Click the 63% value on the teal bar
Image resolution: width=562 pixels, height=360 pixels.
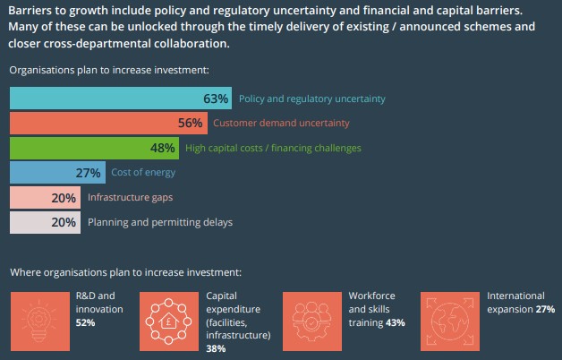(x=216, y=99)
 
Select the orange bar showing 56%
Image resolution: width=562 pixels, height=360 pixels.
(x=108, y=123)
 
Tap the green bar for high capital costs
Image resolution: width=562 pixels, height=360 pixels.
(x=94, y=148)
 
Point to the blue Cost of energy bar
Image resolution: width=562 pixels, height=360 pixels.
(x=57, y=173)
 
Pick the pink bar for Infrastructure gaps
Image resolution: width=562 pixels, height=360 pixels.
(x=45, y=197)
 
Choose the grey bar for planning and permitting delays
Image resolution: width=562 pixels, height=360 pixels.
(x=45, y=222)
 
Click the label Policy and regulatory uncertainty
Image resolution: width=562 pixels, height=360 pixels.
(x=311, y=99)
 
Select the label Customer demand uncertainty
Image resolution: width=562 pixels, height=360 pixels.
(x=281, y=123)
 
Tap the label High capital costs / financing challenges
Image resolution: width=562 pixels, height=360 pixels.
(x=273, y=148)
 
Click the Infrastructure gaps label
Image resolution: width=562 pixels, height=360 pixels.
(x=130, y=198)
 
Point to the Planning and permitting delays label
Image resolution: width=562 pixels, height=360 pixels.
(x=160, y=222)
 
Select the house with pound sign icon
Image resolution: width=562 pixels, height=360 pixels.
(x=169, y=321)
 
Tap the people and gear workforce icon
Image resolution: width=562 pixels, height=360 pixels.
(x=312, y=321)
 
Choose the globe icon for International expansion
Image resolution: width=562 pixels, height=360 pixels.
(x=450, y=321)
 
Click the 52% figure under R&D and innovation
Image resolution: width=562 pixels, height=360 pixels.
(x=85, y=322)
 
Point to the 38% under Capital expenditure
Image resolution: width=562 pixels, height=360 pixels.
(x=216, y=348)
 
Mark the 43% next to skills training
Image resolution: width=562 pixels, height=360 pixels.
(x=396, y=322)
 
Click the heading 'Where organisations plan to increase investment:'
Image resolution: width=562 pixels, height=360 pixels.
(x=126, y=272)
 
